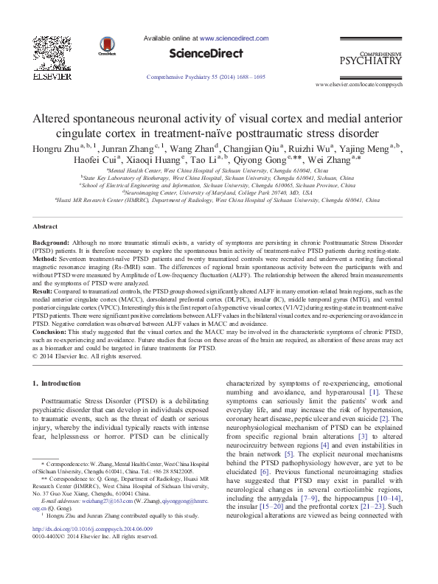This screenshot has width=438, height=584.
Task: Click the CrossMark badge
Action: point(107,44)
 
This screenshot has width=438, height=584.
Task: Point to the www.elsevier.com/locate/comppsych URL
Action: point(368,86)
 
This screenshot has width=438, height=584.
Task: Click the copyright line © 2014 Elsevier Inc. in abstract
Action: point(83,356)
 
